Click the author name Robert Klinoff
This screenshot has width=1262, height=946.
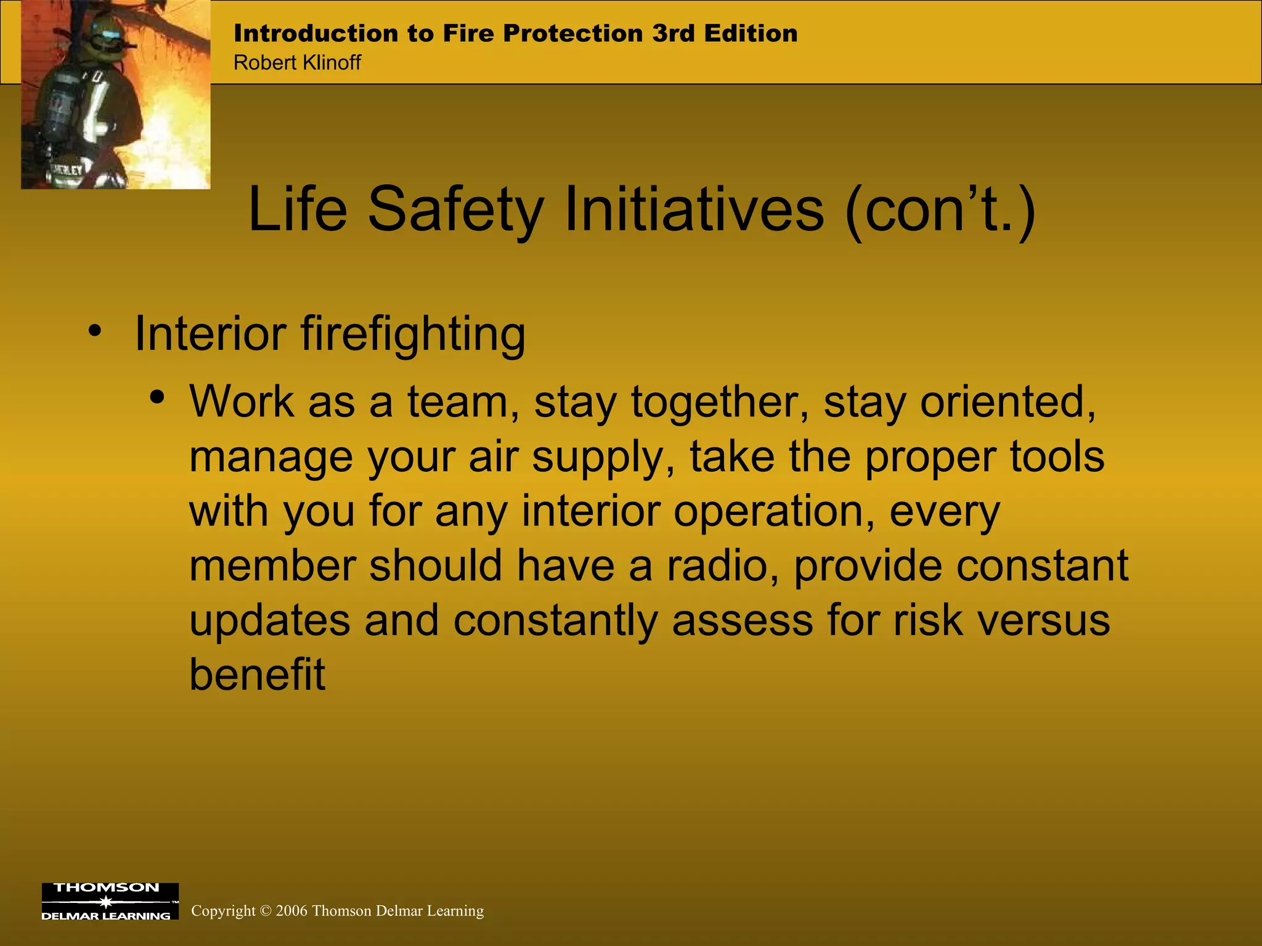pos(297,63)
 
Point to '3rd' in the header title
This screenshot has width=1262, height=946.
pos(674,33)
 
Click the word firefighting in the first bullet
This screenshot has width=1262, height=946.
pos(413,334)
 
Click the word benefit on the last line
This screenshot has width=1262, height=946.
pos(257,674)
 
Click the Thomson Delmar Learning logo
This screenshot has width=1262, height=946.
pos(110,901)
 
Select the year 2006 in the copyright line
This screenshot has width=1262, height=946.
pos(291,911)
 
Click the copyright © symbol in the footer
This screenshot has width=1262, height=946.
pos(266,911)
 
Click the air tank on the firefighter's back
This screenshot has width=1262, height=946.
pos(59,111)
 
